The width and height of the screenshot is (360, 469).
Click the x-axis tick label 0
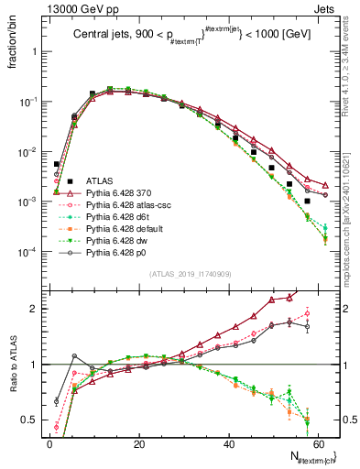[x=49, y=443]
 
